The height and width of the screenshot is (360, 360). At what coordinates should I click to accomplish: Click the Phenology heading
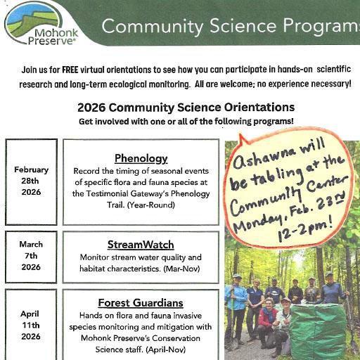[x=141, y=158]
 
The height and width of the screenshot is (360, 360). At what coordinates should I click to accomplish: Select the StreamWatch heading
[x=141, y=245]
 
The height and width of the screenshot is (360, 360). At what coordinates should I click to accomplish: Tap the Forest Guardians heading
[x=141, y=303]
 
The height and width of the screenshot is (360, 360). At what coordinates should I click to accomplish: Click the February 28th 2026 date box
[x=31, y=181]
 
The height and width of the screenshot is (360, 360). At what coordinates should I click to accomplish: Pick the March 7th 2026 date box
[x=31, y=255]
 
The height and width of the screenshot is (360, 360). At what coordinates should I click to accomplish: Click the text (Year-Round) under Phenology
[x=150, y=205]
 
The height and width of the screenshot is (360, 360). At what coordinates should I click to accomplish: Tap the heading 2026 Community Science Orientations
[x=186, y=108]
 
